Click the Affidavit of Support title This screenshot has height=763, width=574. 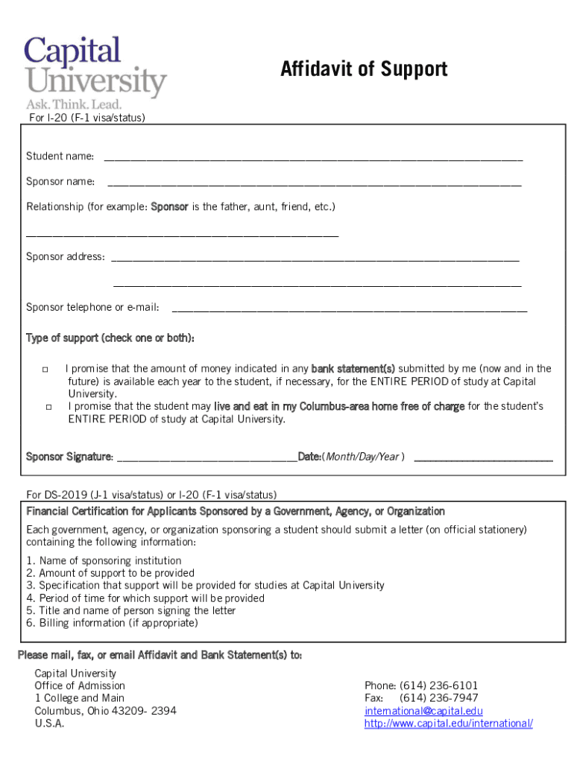pyautogui.click(x=364, y=69)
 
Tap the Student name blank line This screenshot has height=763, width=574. pyautogui.click(x=313, y=158)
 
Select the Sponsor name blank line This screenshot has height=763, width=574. pyautogui.click(x=314, y=183)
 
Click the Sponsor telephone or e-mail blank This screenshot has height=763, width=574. pyautogui.click(x=349, y=308)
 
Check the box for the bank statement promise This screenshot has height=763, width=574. pyautogui.click(x=45, y=370)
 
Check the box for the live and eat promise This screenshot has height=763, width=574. pyautogui.click(x=48, y=407)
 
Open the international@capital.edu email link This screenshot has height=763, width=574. pyautogui.click(x=423, y=711)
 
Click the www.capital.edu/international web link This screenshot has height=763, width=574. pyautogui.click(x=448, y=724)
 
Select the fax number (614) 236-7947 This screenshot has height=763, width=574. pyautogui.click(x=439, y=698)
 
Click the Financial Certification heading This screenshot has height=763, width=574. pyautogui.click(x=236, y=512)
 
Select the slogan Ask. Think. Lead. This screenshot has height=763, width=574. pyautogui.click(x=74, y=104)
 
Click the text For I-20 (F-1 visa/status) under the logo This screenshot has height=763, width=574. pyautogui.click(x=86, y=118)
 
